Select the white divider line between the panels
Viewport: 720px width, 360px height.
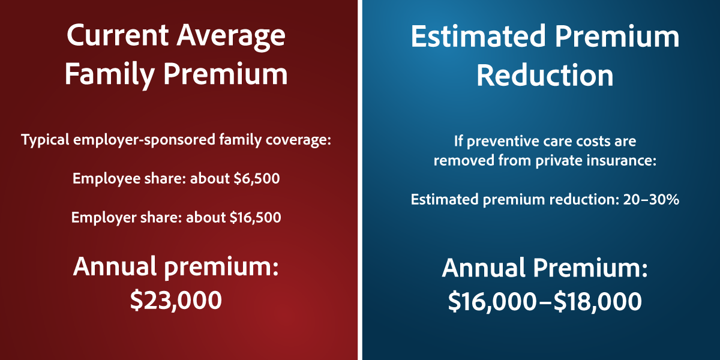pos(360,180)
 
